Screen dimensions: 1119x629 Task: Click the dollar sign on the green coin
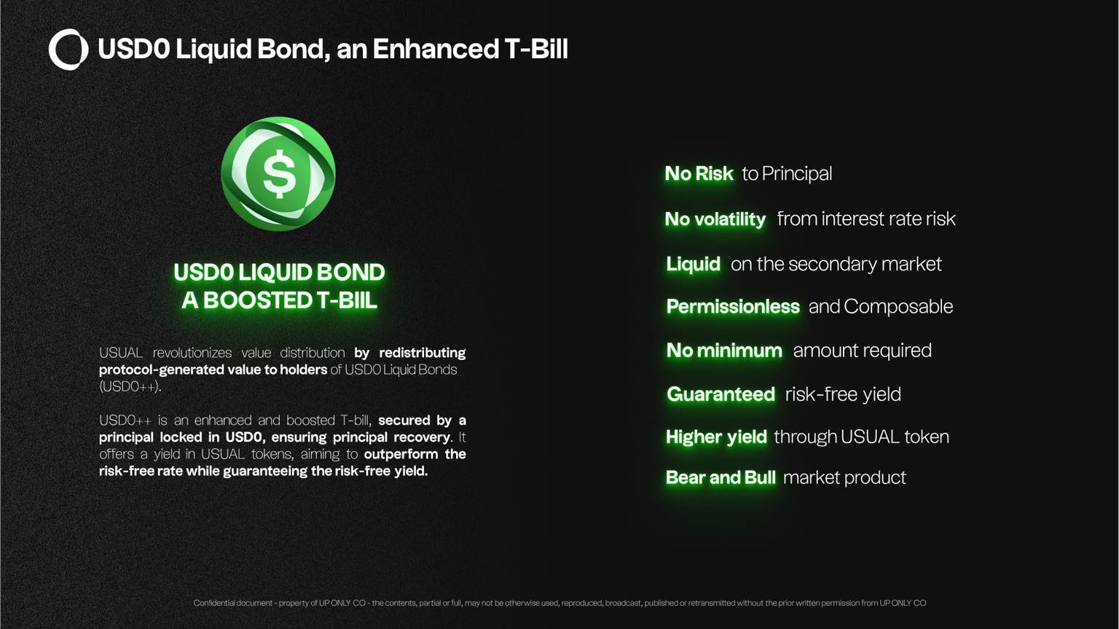pos(279,173)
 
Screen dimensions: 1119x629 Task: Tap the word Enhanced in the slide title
pos(435,49)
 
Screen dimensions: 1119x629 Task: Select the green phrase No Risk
pos(699,174)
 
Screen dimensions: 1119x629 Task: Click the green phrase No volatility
pos(715,219)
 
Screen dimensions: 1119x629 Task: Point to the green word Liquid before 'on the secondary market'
pos(693,264)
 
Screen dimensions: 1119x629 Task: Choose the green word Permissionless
pos(733,306)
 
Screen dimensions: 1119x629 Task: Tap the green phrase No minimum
pos(724,351)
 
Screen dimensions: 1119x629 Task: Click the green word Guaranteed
pos(721,394)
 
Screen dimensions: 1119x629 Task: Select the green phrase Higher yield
pos(716,437)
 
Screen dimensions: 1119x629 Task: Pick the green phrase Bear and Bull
pos(721,477)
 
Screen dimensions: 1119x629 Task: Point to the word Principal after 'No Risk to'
pos(797,174)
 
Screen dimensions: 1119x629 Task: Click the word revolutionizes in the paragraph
pos(192,353)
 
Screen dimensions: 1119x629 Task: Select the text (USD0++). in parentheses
pos(130,387)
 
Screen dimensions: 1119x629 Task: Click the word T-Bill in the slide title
pos(536,49)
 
